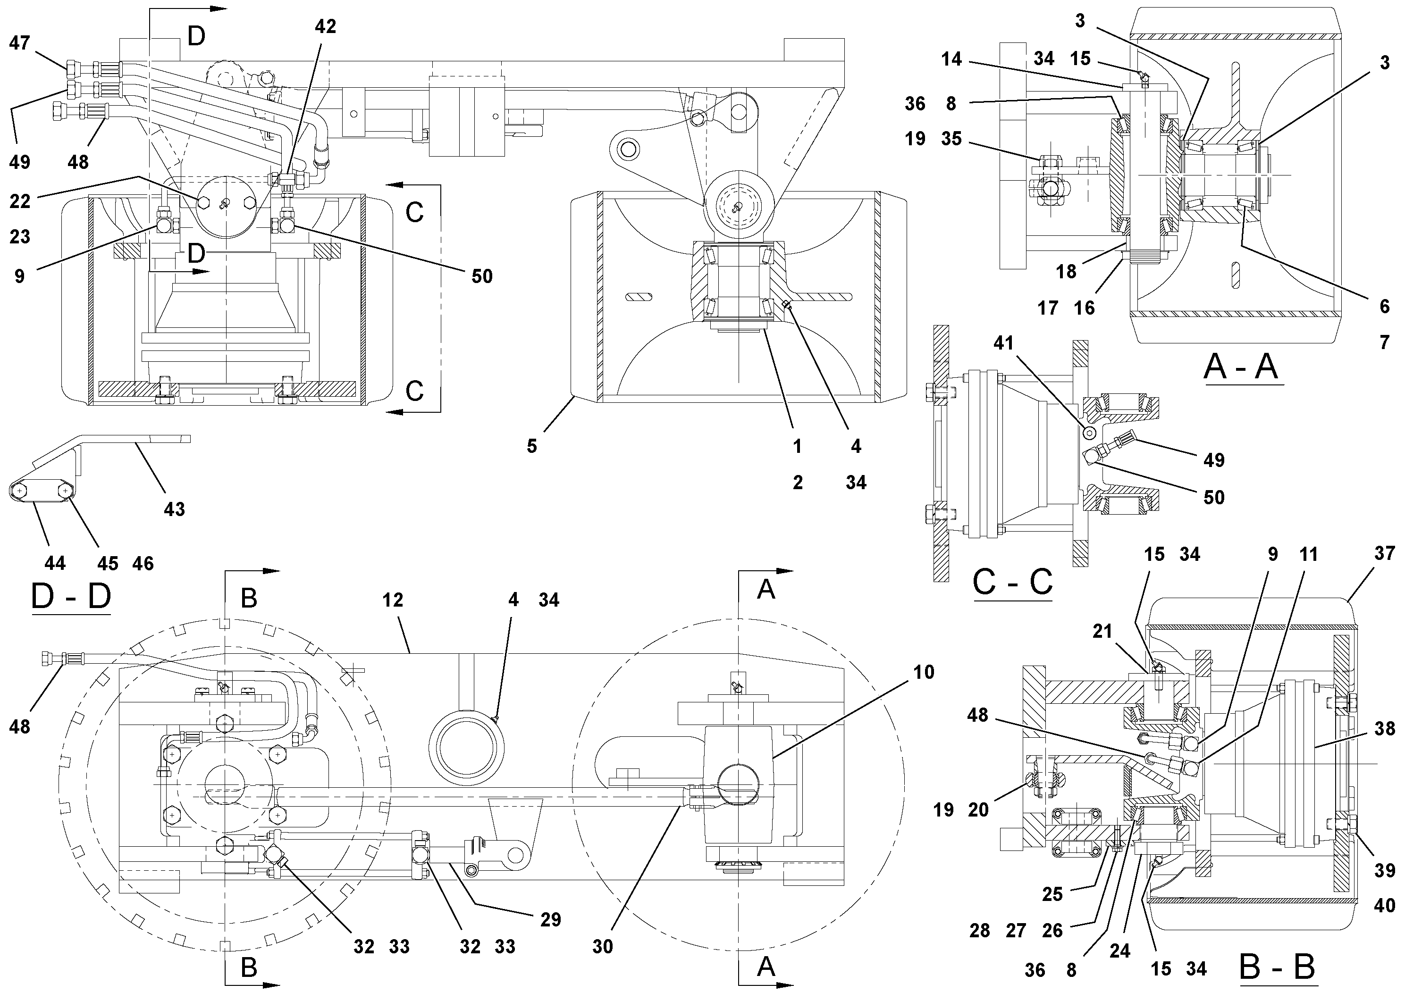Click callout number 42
pyautogui.click(x=326, y=26)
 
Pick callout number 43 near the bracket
pyautogui.click(x=175, y=509)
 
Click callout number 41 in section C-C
pyautogui.click(x=1003, y=344)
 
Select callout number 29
pyautogui.click(x=551, y=920)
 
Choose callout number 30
pyautogui.click(x=603, y=947)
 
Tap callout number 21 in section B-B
pyautogui.click(x=1102, y=631)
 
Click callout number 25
pyautogui.click(x=1052, y=894)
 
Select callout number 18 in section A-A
pyautogui.click(x=1066, y=272)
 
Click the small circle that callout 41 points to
pyautogui.click(x=1089, y=433)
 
